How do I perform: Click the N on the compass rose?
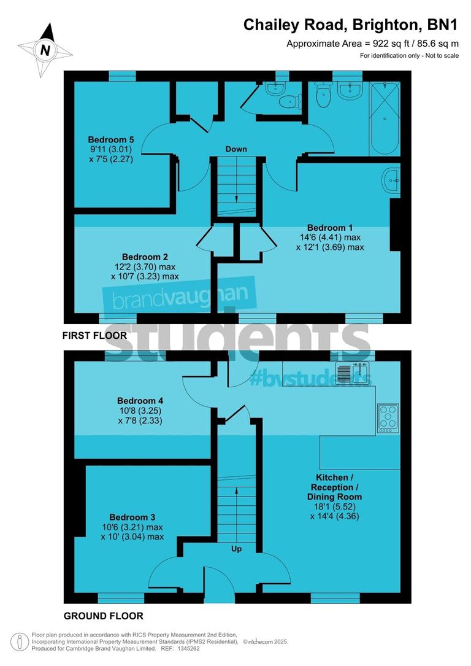pyautogui.click(x=45, y=50)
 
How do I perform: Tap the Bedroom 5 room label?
pyautogui.click(x=110, y=139)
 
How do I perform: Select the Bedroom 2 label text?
pyautogui.click(x=145, y=257)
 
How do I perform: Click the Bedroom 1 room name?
pyautogui.click(x=330, y=227)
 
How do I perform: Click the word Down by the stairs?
pyautogui.click(x=236, y=149)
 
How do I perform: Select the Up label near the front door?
pyautogui.click(x=236, y=549)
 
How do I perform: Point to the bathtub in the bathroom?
pyautogui.click(x=385, y=119)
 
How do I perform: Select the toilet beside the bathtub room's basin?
pyautogui.click(x=323, y=94)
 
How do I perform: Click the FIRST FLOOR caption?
pyautogui.click(x=94, y=336)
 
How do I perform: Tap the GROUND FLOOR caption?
pyautogui.click(x=104, y=616)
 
